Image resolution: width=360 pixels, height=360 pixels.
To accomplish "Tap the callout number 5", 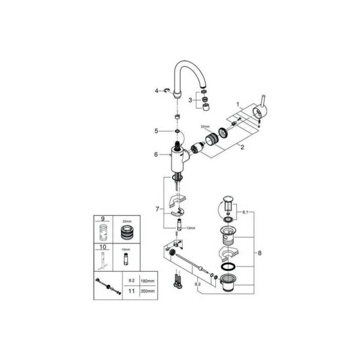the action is coord(156,131).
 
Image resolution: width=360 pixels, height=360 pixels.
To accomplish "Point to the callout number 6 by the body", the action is coord(156,154).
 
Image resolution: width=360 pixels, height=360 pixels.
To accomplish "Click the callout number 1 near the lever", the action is coord(240,105).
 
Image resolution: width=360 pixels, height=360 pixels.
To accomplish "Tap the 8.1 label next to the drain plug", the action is coord(245,213).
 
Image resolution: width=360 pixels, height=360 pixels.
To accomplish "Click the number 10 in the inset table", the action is coord(103,248).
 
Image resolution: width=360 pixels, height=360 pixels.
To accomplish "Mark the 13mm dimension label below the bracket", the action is coord(190,228).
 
